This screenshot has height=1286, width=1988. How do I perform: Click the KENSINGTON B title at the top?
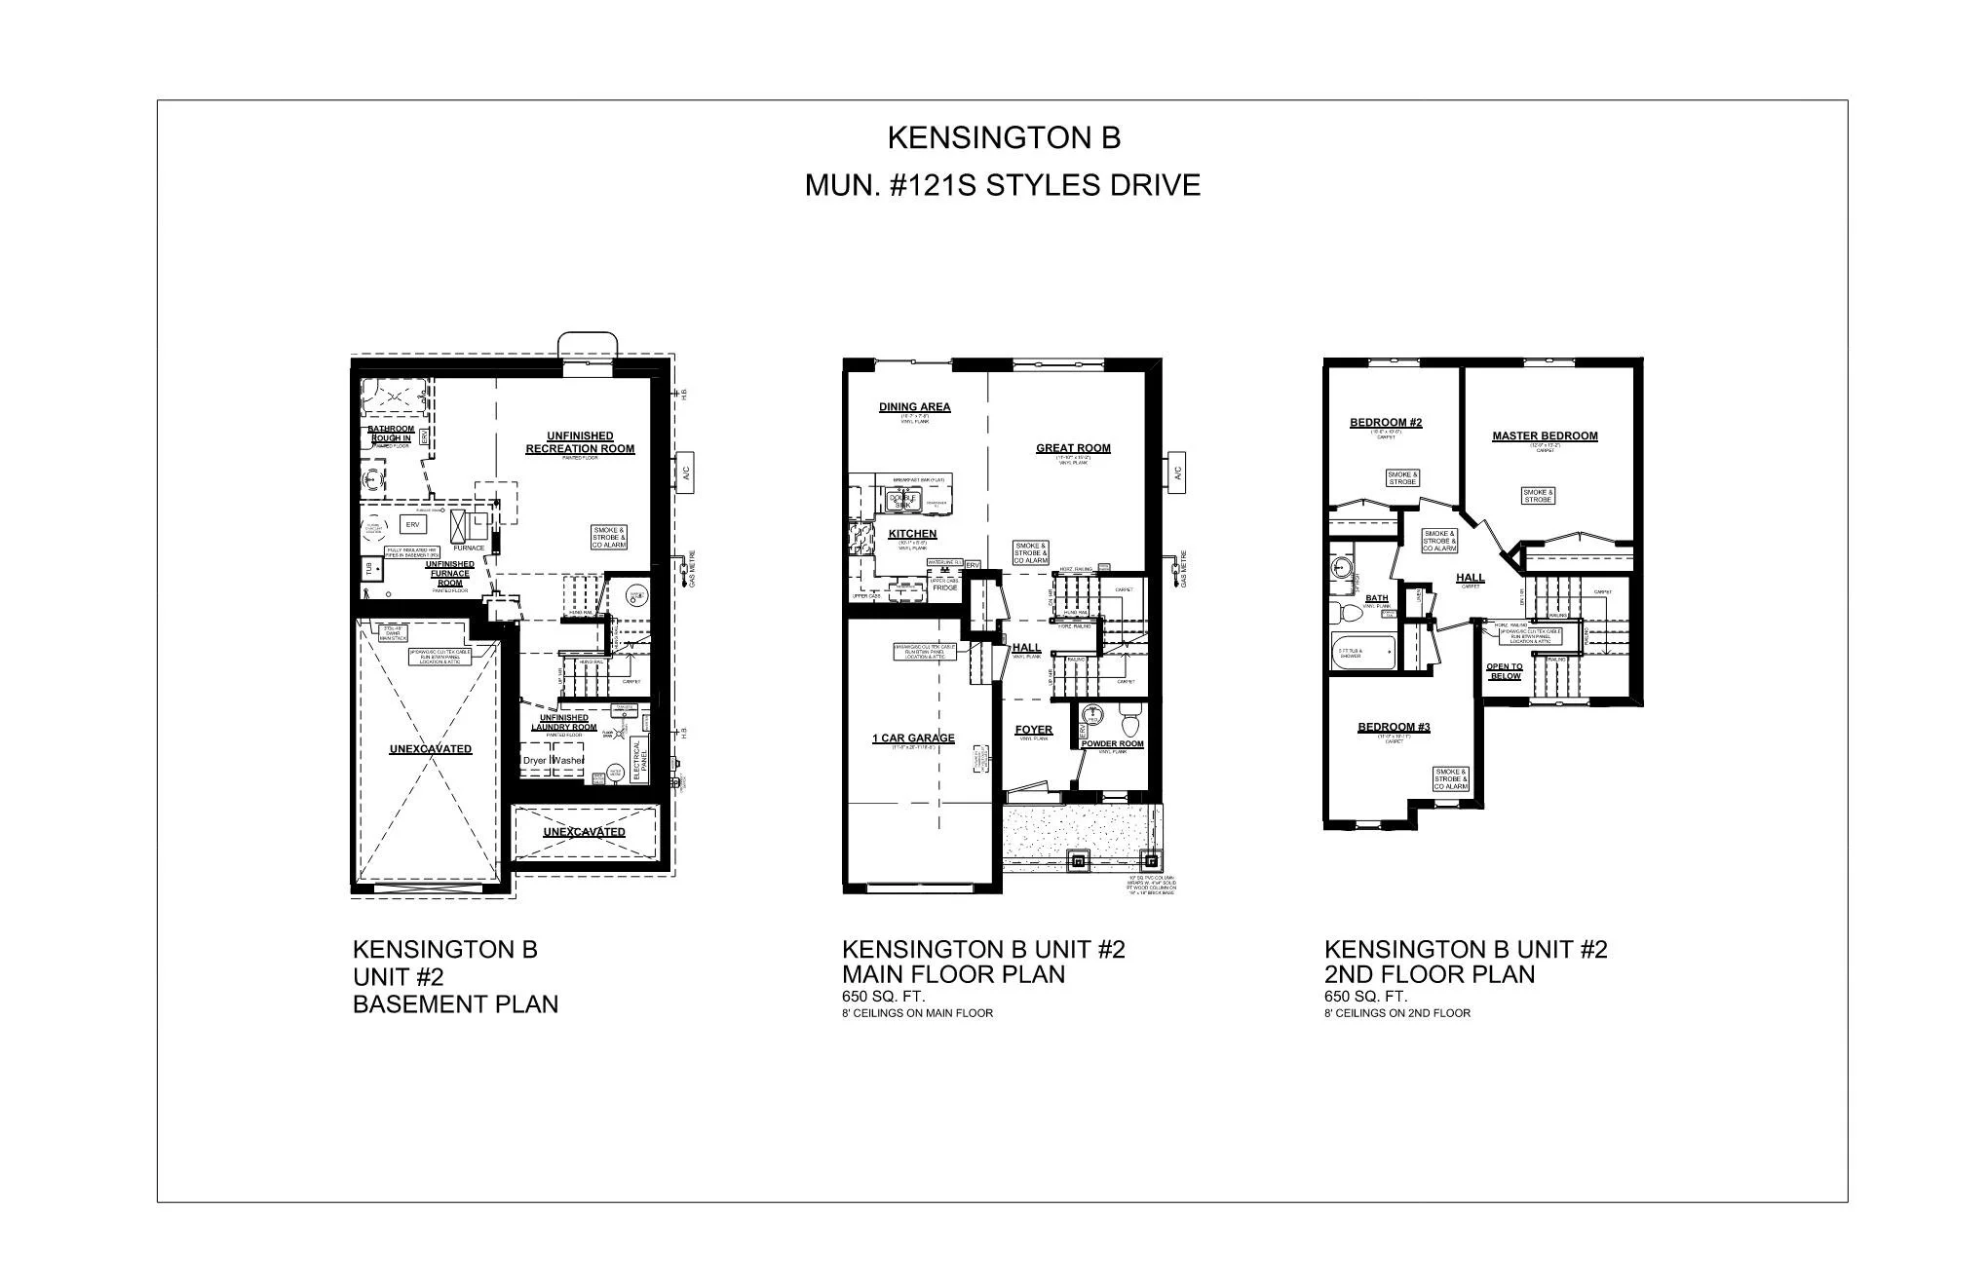click(x=1003, y=138)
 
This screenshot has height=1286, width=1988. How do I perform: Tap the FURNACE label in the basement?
click(x=468, y=548)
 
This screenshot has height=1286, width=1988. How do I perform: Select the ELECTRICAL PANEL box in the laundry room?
click(x=638, y=759)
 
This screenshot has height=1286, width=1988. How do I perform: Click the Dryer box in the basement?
click(x=535, y=760)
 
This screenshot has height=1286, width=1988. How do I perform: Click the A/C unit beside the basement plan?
click(x=685, y=473)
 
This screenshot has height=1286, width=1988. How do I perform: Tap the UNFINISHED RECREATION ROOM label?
click(x=580, y=442)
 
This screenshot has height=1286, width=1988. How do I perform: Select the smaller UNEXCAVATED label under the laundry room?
click(x=584, y=832)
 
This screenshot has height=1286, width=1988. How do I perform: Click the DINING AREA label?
click(x=914, y=407)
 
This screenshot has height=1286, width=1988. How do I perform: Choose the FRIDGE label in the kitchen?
click(x=945, y=588)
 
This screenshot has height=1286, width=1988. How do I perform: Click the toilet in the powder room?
click(x=1130, y=726)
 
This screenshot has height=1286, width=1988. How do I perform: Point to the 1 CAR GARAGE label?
click(x=913, y=738)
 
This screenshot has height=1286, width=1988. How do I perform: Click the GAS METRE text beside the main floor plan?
click(x=1184, y=569)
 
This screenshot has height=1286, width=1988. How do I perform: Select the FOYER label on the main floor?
click(x=1033, y=730)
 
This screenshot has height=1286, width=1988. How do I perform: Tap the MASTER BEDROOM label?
click(x=1545, y=435)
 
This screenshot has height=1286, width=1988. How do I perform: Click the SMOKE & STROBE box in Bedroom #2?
click(x=1402, y=478)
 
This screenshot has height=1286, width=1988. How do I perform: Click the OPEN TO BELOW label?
click(x=1505, y=671)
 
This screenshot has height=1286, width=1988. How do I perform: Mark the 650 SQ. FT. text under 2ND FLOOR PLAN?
click(x=1365, y=997)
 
